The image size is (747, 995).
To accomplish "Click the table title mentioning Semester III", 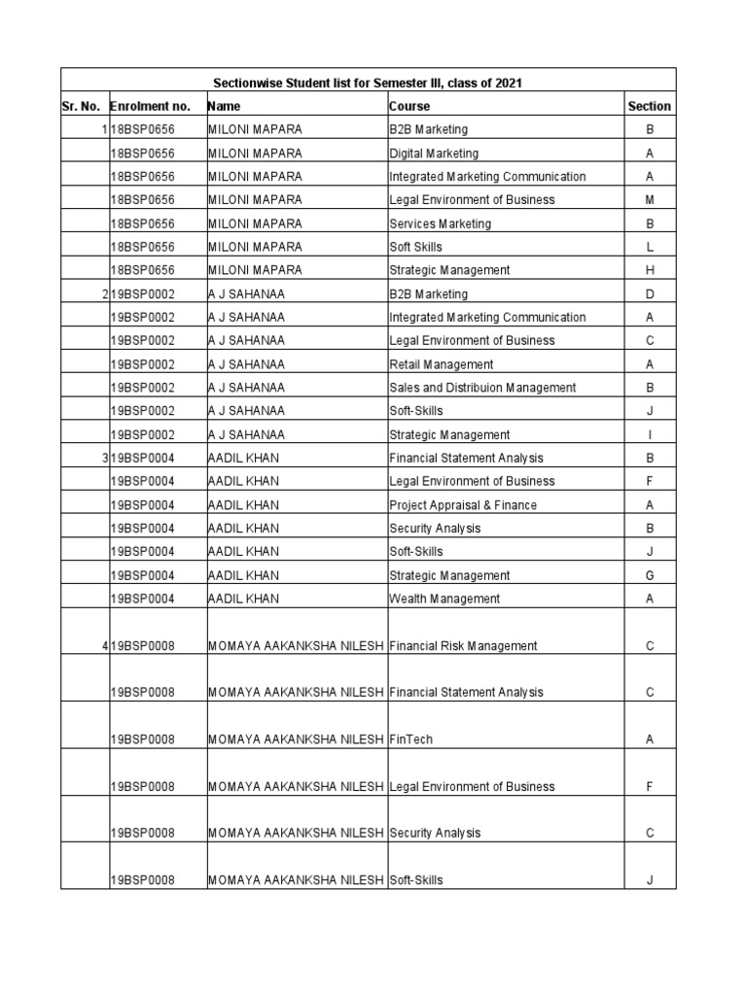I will tap(368, 84).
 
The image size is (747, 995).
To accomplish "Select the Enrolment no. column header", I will tap(150, 107).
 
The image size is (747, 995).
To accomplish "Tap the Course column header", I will tap(409, 107).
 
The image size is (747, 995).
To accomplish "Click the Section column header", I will tap(649, 107).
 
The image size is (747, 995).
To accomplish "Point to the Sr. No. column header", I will tap(81, 107).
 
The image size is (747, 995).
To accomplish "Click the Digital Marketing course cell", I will tap(434, 154).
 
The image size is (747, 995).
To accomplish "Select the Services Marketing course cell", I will tap(440, 223).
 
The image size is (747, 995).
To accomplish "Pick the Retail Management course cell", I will tap(441, 364).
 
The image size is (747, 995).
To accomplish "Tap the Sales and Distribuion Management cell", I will tap(482, 388).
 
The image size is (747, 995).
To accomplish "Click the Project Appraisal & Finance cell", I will tap(462, 505).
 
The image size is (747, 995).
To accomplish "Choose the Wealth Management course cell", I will tap(445, 600).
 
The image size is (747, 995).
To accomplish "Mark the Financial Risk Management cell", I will tap(463, 646).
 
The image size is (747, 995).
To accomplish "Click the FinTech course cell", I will tap(410, 740).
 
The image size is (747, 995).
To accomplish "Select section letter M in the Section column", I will tap(650, 200).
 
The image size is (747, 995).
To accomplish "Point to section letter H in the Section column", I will tap(650, 270).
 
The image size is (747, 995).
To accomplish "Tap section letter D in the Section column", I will tap(650, 294).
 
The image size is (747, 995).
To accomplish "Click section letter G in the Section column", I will tap(650, 576).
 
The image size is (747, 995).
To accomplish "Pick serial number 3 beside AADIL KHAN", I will tap(104, 458).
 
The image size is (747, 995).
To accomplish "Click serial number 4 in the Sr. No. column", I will tap(104, 646).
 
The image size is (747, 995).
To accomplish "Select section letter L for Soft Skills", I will tap(650, 247).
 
